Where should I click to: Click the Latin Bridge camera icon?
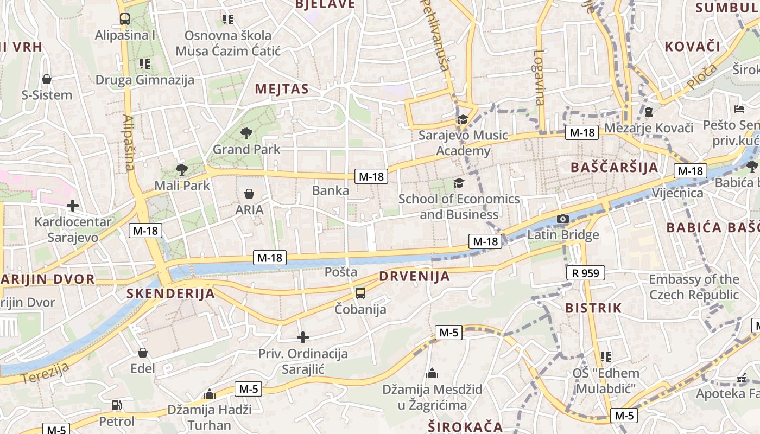tap(563, 219)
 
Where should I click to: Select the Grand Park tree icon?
tap(246, 133)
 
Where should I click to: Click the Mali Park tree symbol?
tap(182, 170)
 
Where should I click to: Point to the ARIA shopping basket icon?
tap(249, 194)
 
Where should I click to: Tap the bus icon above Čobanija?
tap(360, 293)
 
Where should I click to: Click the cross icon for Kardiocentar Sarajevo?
tap(72, 206)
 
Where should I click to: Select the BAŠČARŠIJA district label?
tap(615, 167)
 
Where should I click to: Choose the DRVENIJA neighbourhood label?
tap(415, 276)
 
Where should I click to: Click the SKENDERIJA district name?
tap(170, 294)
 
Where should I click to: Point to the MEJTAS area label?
tap(282, 89)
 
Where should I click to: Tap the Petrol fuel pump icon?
tap(116, 405)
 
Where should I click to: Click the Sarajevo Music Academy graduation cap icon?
tap(463, 119)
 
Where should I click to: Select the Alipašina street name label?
tap(129, 142)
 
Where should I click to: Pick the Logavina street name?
tap(539, 77)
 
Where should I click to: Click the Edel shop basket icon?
tap(143, 353)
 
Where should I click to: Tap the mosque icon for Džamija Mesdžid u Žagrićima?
tap(432, 373)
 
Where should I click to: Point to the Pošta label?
tap(341, 272)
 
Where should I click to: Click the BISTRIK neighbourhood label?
tap(593, 308)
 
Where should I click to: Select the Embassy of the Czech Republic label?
tap(694, 287)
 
